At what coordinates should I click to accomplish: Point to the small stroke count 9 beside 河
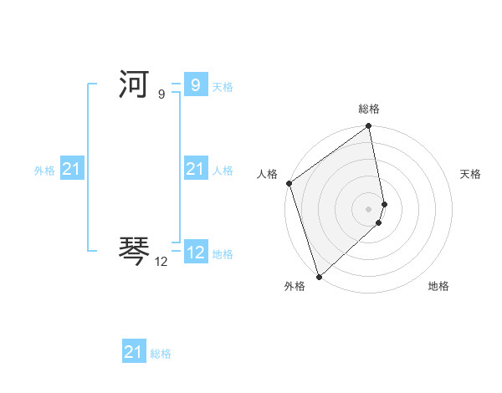(161, 95)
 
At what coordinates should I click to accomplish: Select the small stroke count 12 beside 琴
(161, 262)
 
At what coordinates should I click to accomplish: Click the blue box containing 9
(195, 84)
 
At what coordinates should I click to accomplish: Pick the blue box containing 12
(195, 252)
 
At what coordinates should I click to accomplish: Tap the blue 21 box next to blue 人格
(195, 169)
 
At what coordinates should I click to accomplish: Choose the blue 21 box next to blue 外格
(71, 169)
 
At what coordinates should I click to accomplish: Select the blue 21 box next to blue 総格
(133, 352)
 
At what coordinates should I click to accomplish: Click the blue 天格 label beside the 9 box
(223, 87)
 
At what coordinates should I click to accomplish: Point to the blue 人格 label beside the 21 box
(223, 171)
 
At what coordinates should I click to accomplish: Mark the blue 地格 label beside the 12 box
(223, 254)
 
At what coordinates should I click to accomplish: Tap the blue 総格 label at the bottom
(161, 354)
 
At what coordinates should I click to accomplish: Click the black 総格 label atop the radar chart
(369, 109)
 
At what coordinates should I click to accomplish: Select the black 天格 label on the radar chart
(471, 174)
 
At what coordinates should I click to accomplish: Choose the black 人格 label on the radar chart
(267, 174)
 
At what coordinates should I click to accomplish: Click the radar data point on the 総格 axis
(369, 127)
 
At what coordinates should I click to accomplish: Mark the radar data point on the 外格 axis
(319, 276)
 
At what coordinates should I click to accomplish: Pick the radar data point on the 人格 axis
(289, 183)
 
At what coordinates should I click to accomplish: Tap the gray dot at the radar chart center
(369, 208)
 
